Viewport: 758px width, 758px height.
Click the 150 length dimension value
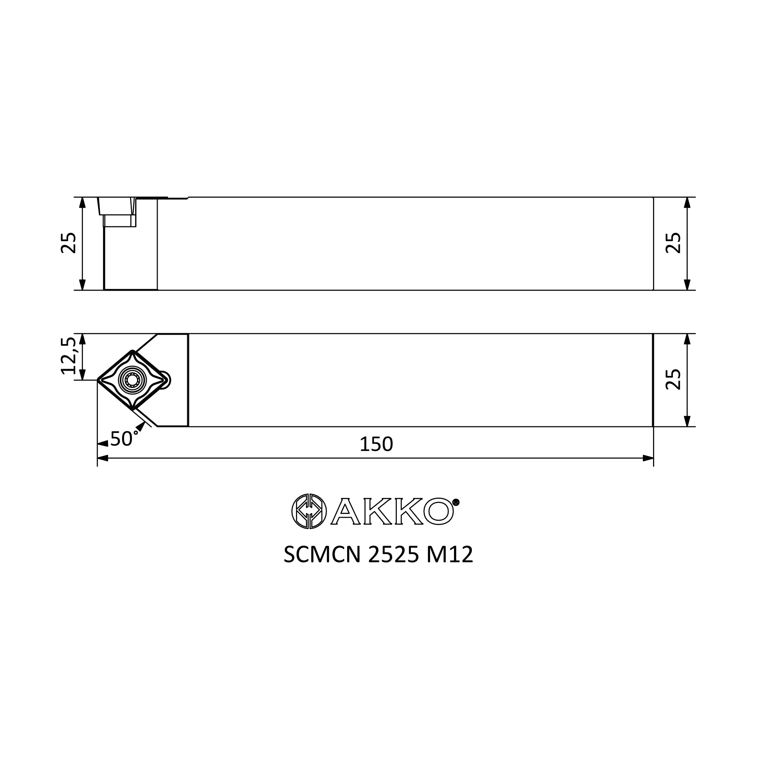376,444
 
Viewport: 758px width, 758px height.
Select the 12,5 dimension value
68,356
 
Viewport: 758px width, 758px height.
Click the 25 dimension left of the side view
68,243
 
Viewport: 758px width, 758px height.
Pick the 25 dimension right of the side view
673,243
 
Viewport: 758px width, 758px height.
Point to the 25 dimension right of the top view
673,379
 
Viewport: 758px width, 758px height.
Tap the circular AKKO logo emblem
309,511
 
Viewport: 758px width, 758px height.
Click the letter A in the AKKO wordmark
346,511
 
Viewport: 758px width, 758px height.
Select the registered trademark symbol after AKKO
456,502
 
